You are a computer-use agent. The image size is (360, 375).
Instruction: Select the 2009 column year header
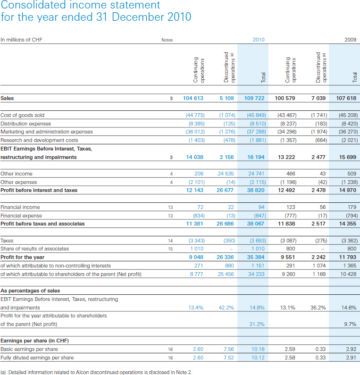[350, 40]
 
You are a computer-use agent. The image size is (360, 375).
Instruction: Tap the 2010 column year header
[259, 40]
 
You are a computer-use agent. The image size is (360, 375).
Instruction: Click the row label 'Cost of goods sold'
[23, 115]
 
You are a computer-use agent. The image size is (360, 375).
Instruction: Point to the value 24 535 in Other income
[225, 174]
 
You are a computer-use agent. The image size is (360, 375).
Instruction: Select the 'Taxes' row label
[7, 240]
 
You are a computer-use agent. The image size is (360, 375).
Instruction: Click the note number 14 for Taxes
[171, 240]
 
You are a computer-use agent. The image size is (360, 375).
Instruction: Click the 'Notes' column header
[167, 40]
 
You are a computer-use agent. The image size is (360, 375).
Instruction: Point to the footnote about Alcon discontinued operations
[96, 372]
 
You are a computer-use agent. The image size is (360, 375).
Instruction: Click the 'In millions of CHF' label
[21, 40]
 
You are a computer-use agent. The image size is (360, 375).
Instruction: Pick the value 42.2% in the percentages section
[226, 308]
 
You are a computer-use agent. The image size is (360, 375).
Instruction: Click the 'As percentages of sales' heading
[30, 291]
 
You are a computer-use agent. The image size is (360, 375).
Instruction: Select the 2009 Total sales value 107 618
[346, 98]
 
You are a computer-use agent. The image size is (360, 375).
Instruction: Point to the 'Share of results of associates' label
[34, 249]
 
